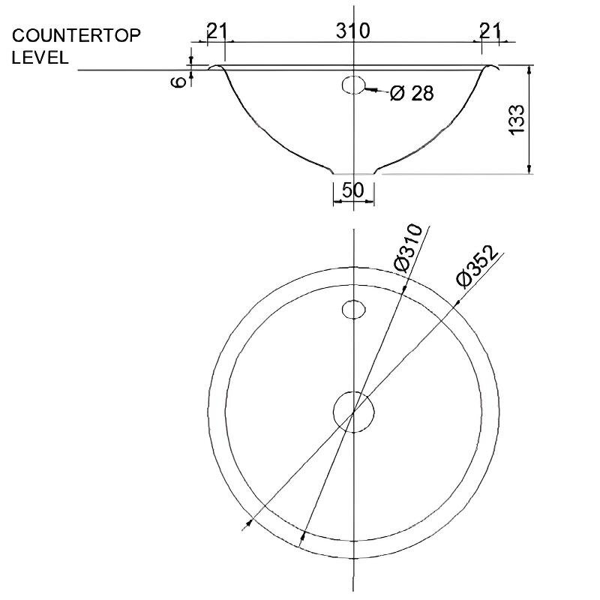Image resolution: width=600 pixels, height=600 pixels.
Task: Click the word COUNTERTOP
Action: click(x=76, y=35)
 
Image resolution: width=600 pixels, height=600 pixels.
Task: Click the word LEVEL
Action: click(x=40, y=58)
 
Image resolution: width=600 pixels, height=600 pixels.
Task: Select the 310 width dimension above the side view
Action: click(x=352, y=31)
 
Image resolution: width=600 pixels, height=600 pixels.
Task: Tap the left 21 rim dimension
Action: click(x=217, y=31)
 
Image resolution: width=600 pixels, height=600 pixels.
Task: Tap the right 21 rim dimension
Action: click(x=490, y=31)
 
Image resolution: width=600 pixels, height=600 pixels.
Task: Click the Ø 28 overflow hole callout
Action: click(x=412, y=93)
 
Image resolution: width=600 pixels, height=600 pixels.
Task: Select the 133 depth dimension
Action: click(x=517, y=119)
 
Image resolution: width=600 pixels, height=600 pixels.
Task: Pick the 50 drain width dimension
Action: click(x=352, y=190)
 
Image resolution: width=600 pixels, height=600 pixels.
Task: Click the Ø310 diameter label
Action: click(x=408, y=247)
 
